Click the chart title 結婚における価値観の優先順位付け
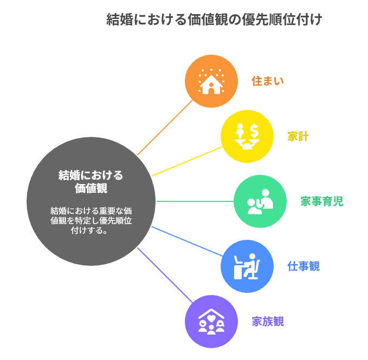[x=214, y=20]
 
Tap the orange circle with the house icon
[x=211, y=81]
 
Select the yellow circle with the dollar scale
[x=247, y=136]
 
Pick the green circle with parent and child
[x=260, y=201]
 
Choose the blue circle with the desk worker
[x=247, y=266]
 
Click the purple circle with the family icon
[x=211, y=321]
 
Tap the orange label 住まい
[x=267, y=81]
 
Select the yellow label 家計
[x=298, y=136]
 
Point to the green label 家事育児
[x=321, y=201]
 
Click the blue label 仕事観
[x=304, y=266]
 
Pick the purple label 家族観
[x=268, y=322]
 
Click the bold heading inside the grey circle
[x=91, y=182]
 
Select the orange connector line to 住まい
[x=165, y=128]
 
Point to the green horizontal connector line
[x=195, y=201]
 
